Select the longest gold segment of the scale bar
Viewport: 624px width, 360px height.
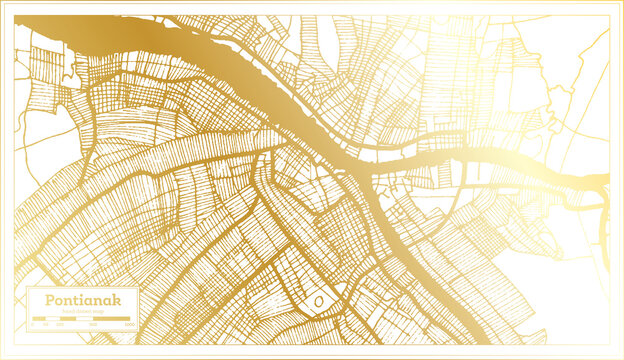point(111,319)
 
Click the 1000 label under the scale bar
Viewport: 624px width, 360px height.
point(130,325)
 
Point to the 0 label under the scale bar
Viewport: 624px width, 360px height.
point(33,325)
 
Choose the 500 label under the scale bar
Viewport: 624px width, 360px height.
point(92,325)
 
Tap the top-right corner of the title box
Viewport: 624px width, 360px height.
point(138,288)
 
